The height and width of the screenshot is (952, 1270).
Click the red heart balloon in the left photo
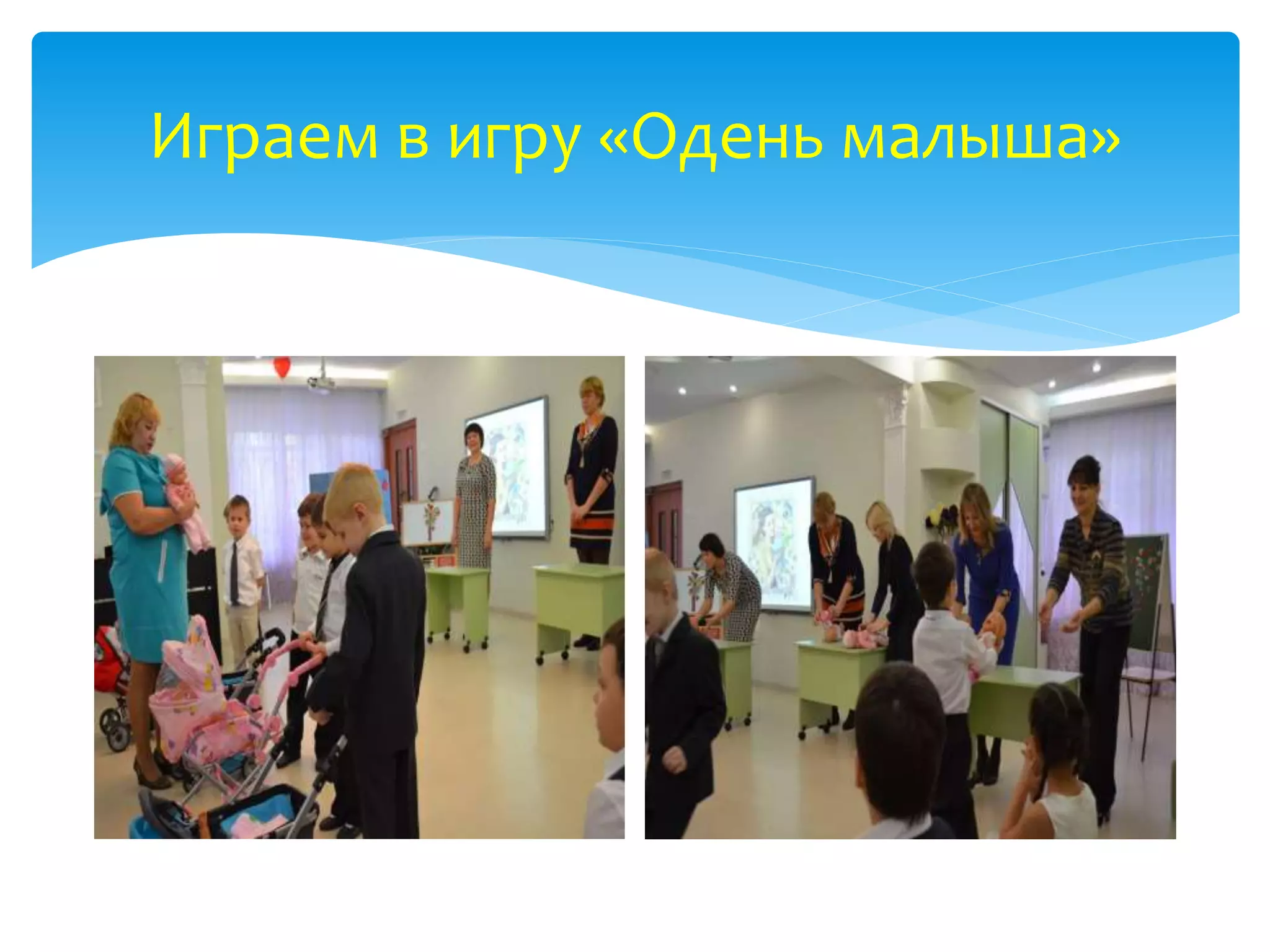[282, 367]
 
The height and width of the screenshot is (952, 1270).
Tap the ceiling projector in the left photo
[322, 384]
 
